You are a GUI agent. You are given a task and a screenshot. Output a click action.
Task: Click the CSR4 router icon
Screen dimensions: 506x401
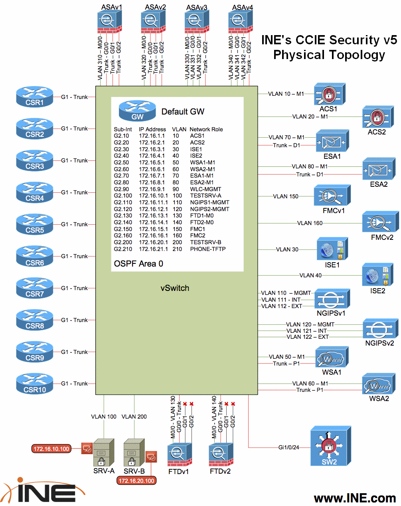tap(35, 193)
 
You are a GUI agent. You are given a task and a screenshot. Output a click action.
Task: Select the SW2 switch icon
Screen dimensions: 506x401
tap(330, 446)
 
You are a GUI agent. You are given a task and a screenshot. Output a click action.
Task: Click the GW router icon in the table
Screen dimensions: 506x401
tap(137, 111)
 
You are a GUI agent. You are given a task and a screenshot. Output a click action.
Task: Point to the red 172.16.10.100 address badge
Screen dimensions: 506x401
tap(51, 449)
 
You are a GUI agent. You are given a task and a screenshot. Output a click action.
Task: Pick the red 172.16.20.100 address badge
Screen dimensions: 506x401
tap(136, 481)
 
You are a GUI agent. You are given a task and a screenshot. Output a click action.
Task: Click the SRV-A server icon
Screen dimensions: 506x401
tap(103, 453)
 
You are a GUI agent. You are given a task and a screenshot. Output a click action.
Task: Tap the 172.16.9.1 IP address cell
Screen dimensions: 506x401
tap(152, 189)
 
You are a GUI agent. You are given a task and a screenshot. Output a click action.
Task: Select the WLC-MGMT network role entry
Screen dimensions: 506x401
tap(205, 189)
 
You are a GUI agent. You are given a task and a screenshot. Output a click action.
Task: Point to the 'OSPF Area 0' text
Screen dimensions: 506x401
tap(138, 264)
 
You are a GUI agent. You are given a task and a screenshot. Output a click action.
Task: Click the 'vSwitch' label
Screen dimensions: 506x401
tap(175, 288)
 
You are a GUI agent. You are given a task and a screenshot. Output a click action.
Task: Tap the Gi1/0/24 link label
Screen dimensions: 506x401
tap(288, 447)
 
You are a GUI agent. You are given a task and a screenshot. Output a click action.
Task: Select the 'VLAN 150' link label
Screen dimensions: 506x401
tap(286, 196)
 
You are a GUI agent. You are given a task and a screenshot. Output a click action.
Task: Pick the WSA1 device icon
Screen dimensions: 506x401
tap(332, 357)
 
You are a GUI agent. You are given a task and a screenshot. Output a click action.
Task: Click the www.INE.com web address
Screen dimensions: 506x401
tap(355, 498)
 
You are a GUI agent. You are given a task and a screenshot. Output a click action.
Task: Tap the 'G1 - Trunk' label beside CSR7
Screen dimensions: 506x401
tap(74, 288)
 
